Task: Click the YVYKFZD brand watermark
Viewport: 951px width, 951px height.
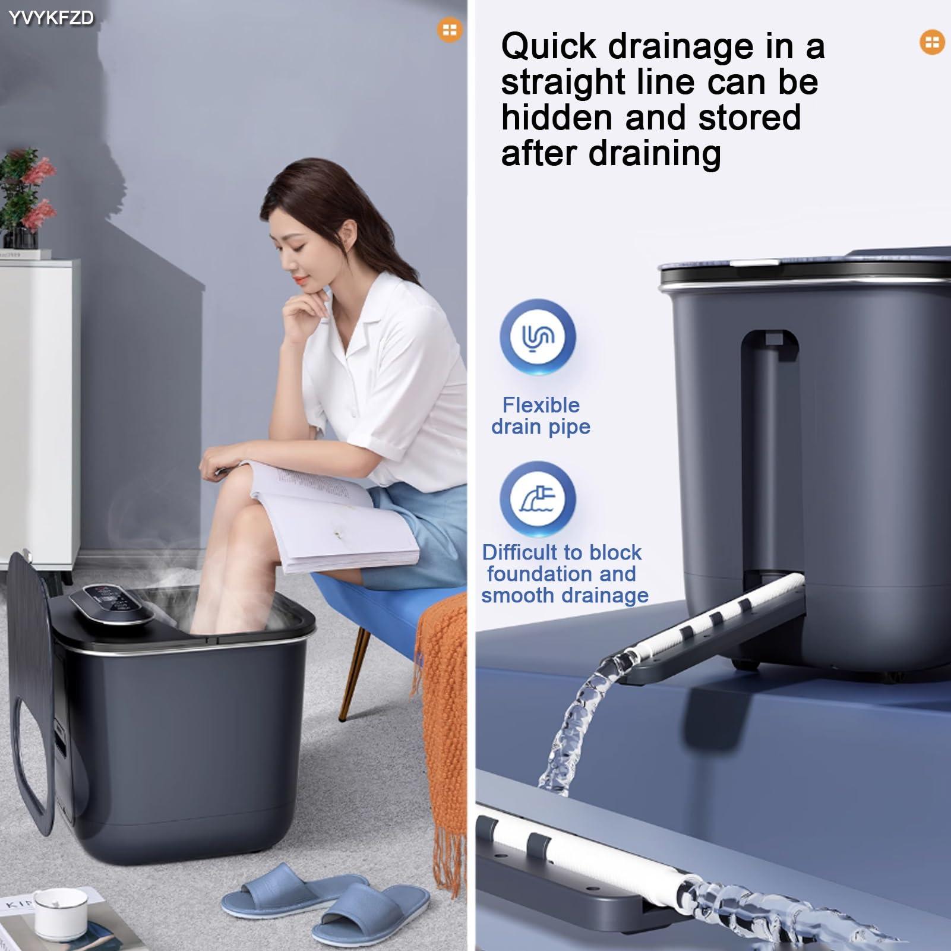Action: [x=51, y=18]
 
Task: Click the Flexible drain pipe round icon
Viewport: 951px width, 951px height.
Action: [x=538, y=337]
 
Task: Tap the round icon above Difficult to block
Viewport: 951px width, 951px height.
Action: [x=538, y=499]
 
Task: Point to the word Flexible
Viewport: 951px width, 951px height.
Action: [x=541, y=405]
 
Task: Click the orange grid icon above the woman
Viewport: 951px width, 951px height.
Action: [x=450, y=30]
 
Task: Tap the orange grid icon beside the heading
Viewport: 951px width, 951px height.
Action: [x=932, y=42]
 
